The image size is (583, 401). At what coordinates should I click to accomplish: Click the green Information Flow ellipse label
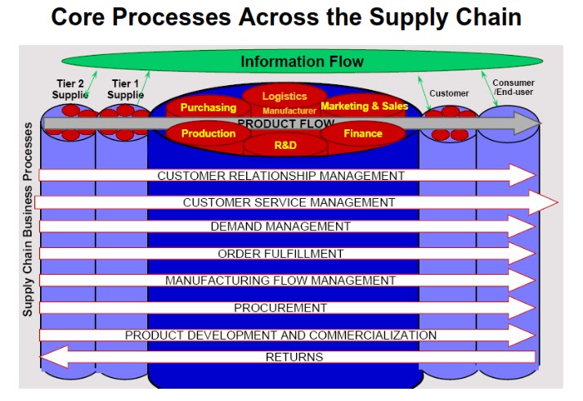(302, 62)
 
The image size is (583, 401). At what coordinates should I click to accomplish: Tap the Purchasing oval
(208, 107)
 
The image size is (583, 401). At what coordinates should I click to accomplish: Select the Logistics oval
(285, 97)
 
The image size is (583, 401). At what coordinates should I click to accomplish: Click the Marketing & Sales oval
(365, 106)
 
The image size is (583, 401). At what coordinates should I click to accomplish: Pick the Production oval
(209, 133)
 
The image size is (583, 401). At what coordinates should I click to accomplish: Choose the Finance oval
(363, 133)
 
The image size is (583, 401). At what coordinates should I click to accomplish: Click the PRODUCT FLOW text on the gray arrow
(285, 124)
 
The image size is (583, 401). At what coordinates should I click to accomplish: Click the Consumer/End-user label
(513, 88)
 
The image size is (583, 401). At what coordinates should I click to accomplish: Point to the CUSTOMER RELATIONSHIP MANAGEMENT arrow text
(280, 176)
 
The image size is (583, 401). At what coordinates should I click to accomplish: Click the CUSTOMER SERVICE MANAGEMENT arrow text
(289, 202)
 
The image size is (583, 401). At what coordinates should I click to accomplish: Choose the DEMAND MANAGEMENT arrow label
(280, 227)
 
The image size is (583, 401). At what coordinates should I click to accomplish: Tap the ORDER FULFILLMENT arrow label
(280, 254)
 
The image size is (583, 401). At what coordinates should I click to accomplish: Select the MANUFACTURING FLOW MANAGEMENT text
(280, 281)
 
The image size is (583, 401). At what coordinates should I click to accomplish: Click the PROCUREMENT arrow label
(280, 308)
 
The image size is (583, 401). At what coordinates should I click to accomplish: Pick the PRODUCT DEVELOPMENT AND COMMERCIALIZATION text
(280, 336)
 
